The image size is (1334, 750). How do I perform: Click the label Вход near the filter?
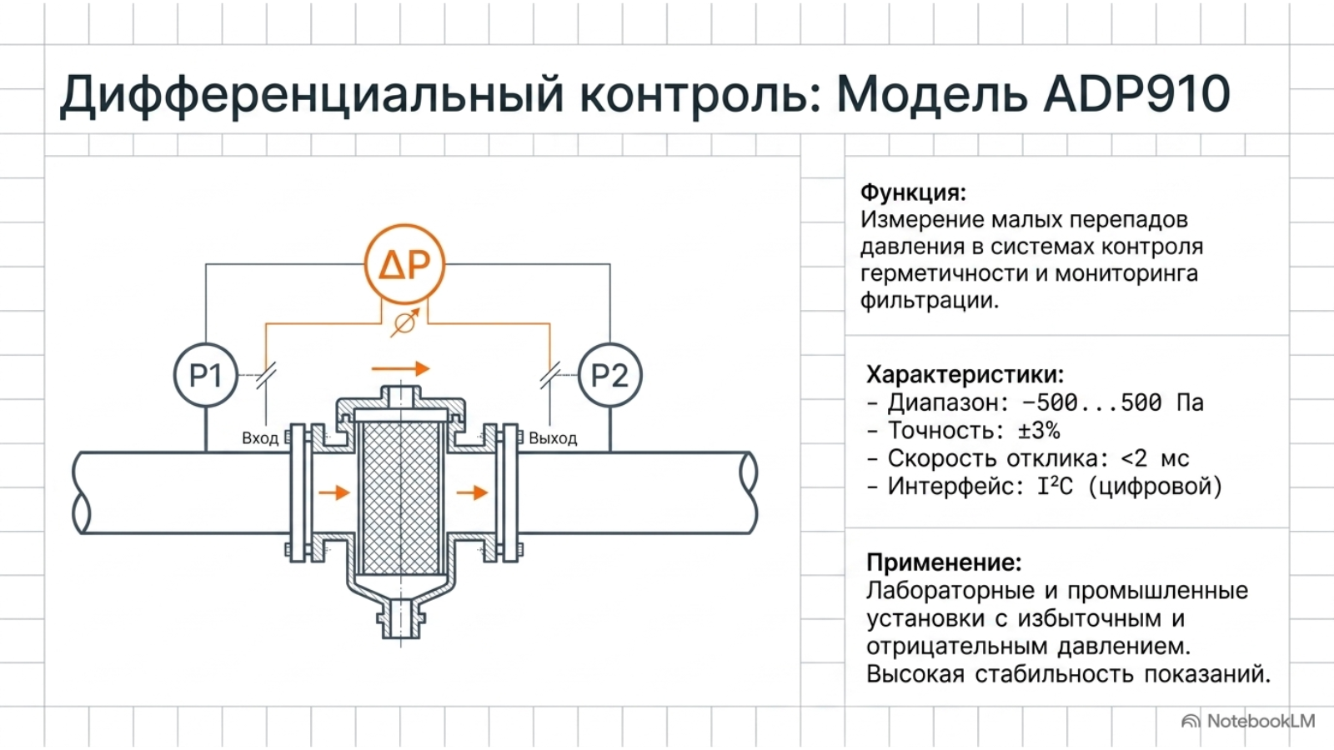point(259,438)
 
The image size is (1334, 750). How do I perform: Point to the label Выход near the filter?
point(553,438)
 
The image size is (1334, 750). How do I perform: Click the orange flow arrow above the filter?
point(400,369)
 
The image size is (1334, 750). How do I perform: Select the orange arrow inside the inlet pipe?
point(334,492)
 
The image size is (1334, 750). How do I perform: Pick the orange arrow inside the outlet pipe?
point(472,492)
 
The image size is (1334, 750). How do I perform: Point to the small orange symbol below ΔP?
point(405,323)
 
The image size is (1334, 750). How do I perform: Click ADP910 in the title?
point(1137,94)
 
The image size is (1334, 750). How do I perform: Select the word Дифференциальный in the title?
point(312,95)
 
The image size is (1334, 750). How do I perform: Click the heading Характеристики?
point(965,374)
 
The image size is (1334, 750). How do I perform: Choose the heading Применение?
point(944,562)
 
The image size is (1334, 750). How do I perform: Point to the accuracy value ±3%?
point(1039,430)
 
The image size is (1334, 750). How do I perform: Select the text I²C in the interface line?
point(1055,487)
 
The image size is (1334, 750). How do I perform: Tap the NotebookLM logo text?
point(1261,722)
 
